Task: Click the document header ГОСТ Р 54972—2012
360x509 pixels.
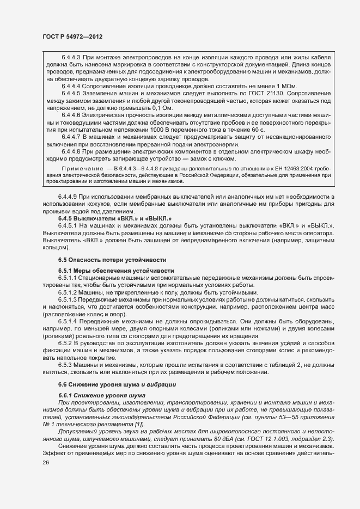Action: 72,36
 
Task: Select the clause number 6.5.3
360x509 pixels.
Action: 66,364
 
